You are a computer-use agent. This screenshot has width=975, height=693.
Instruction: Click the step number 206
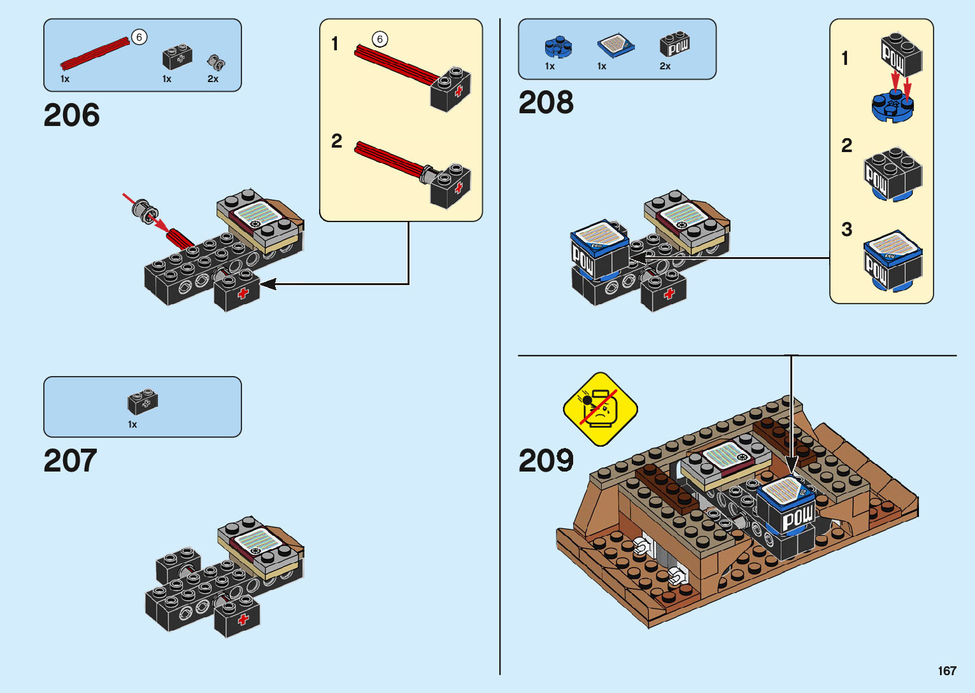click(71, 115)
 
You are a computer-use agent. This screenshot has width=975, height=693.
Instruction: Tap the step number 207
click(70, 461)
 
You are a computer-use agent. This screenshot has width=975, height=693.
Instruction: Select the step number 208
click(546, 102)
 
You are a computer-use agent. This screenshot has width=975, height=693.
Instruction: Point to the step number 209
click(546, 461)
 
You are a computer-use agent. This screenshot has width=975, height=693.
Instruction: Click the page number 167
click(947, 671)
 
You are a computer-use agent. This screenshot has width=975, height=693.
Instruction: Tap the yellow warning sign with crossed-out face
click(601, 409)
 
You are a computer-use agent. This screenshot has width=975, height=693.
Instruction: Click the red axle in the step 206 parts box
click(95, 54)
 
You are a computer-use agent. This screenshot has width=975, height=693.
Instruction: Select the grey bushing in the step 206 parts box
click(216, 63)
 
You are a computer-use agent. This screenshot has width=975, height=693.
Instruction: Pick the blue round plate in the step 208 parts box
click(559, 47)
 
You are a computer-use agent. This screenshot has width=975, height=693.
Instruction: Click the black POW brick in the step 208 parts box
click(674, 44)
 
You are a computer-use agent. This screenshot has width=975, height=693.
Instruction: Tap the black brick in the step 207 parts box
click(143, 401)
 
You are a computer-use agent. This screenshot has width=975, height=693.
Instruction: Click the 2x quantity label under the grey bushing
click(213, 79)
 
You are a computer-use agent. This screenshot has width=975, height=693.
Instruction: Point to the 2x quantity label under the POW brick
click(665, 66)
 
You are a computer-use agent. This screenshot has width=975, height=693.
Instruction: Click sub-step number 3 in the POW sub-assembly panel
click(846, 229)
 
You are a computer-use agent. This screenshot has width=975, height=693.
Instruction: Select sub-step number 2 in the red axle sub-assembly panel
click(336, 141)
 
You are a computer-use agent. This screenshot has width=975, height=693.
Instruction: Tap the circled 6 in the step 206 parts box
click(139, 38)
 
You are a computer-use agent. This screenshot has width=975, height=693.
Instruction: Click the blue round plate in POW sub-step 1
click(893, 106)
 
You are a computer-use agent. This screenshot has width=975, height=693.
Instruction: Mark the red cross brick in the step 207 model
click(237, 616)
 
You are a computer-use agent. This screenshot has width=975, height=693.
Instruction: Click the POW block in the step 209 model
click(787, 518)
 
